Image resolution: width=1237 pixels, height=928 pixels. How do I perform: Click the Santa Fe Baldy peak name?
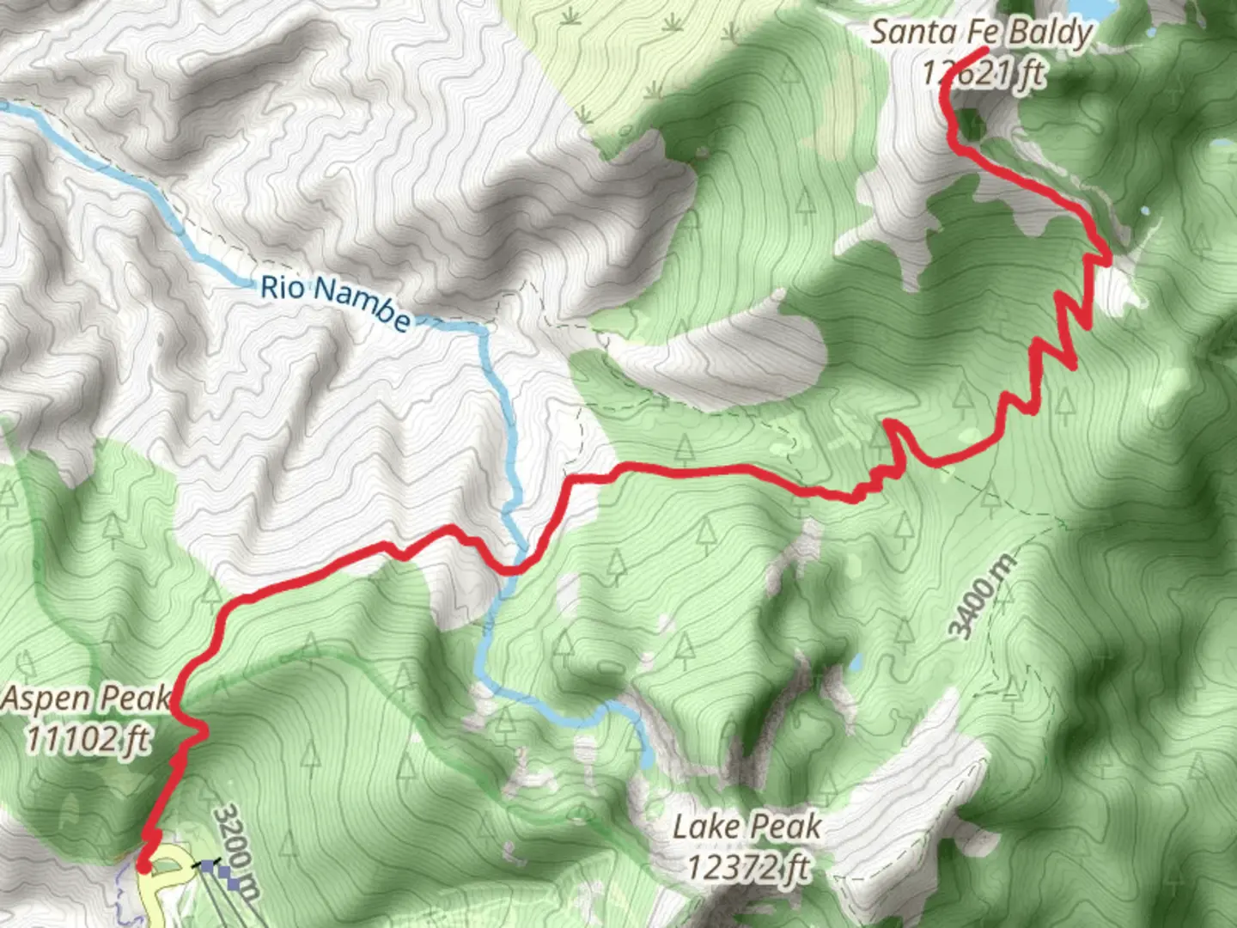[x=981, y=33]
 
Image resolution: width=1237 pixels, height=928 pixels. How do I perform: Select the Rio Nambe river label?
[x=335, y=302]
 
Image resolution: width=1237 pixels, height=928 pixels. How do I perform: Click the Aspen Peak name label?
[x=86, y=699]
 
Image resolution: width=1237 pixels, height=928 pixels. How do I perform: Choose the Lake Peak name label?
[x=746, y=827]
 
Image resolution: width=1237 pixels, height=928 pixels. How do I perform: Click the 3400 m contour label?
[x=982, y=596]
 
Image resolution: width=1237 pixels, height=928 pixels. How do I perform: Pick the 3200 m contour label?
[x=236, y=851]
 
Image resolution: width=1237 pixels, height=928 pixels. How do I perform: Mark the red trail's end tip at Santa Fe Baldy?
[x=984, y=52]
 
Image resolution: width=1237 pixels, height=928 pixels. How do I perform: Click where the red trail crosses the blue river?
[x=513, y=569]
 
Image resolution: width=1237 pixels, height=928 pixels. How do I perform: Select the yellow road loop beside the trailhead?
[x=171, y=868]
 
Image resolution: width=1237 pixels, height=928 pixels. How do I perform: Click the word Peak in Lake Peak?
[x=783, y=827]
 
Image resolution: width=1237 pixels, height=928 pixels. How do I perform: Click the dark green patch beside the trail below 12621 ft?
[x=971, y=125]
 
